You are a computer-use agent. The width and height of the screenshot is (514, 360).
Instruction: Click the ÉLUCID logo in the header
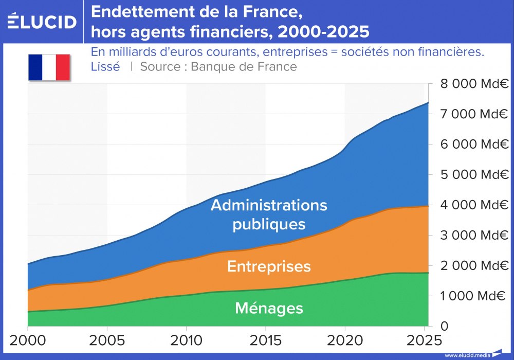tap(42, 22)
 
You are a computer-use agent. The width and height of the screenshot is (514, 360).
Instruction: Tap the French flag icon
tap(49, 67)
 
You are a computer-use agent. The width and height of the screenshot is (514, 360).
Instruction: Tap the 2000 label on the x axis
tap(27, 340)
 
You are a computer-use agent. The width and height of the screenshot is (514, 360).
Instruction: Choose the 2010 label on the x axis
tap(186, 340)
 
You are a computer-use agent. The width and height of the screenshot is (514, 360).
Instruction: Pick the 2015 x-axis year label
tap(265, 340)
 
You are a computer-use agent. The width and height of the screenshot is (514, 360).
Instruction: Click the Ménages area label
tap(269, 308)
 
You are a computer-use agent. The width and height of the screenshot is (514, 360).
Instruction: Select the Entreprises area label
tap(269, 266)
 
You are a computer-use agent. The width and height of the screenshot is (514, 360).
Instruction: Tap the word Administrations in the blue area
tap(269, 205)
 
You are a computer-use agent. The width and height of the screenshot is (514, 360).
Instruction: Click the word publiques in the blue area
tap(269, 225)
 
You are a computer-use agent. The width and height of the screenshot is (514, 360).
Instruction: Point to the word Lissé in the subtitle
tap(105, 67)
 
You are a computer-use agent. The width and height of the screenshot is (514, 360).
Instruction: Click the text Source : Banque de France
tap(218, 67)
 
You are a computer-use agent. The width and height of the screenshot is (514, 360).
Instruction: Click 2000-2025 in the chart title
tap(323, 32)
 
